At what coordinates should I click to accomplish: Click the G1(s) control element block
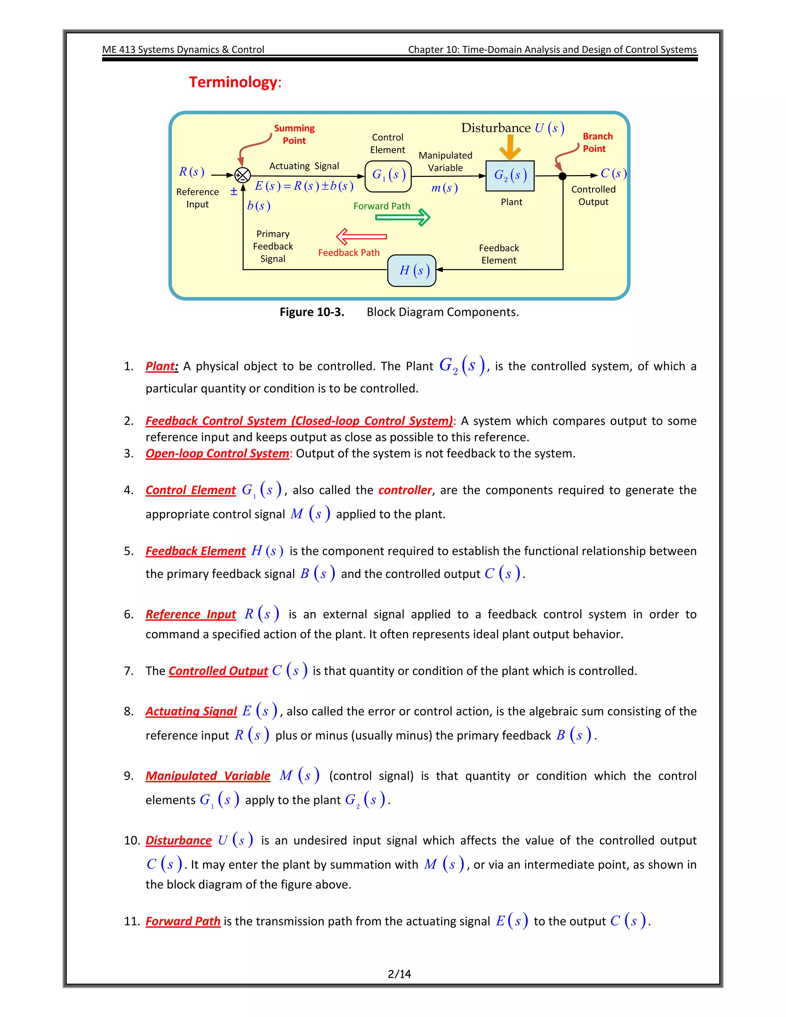[x=388, y=176]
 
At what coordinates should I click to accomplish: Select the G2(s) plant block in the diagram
[x=510, y=176]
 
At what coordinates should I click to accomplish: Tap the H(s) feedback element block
[x=412, y=271]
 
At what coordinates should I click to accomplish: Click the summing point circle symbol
[x=243, y=175]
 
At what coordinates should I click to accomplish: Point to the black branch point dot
[x=563, y=176]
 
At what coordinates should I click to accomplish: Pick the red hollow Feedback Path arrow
[x=361, y=236]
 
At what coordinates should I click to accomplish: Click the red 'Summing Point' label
[x=294, y=134]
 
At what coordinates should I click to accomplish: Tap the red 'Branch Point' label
[x=598, y=142]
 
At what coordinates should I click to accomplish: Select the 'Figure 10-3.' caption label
[x=312, y=312]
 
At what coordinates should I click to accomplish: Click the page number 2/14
[x=399, y=974]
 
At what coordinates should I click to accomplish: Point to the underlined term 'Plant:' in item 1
[x=162, y=366]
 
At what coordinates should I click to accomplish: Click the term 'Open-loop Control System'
[x=217, y=453]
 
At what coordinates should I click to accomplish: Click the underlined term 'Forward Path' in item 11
[x=183, y=921]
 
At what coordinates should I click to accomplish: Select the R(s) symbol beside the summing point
[x=192, y=172]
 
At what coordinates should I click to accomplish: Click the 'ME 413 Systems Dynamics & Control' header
[x=183, y=50]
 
